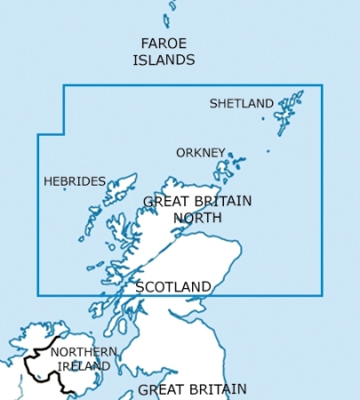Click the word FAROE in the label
tap(164, 44)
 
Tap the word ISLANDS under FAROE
tap(164, 60)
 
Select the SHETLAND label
tap(241, 104)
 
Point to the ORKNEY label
tap(200, 153)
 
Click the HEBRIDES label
tap(75, 181)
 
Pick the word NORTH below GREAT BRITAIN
tap(197, 217)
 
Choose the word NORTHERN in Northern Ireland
tap(83, 352)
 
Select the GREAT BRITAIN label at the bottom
tap(192, 389)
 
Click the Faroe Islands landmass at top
tap(167, 20)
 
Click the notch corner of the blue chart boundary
tap(64, 134)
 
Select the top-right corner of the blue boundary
tap(322, 85)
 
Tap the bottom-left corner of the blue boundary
tap(37, 295)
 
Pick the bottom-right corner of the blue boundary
tap(322, 295)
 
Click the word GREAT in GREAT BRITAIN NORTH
tap(164, 202)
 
